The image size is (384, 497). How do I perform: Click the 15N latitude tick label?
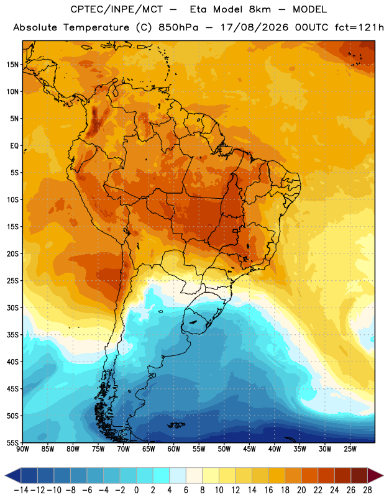pyautogui.click(x=12, y=65)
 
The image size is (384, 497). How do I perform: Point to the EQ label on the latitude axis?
pyautogui.click(x=14, y=146)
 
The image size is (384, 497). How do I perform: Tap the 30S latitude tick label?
pyautogui.click(x=12, y=308)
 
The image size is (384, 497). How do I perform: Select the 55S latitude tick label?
pyautogui.click(x=12, y=443)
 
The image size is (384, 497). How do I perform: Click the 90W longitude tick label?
pyautogui.click(x=22, y=449)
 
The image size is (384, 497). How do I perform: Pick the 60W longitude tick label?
pyautogui.click(x=174, y=449)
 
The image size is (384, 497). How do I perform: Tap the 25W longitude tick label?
pyautogui.click(x=350, y=449)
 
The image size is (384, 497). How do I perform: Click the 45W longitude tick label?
pyautogui.click(x=249, y=449)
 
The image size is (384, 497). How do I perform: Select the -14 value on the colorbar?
pyautogui.click(x=21, y=490)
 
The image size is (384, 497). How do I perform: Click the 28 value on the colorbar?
pyautogui.click(x=367, y=490)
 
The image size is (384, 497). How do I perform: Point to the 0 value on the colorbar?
pyautogui.click(x=137, y=490)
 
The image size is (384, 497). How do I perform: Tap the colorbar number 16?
pyautogui.click(x=268, y=490)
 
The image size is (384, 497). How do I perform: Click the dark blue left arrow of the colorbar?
pyautogui.click(x=13, y=476)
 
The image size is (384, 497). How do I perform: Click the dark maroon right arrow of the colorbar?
pyautogui.click(x=375, y=476)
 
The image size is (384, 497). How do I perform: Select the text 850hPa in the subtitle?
pyautogui.click(x=178, y=27)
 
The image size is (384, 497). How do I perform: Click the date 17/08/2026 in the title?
pyautogui.click(x=254, y=27)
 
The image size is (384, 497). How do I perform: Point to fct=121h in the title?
pyautogui.click(x=359, y=27)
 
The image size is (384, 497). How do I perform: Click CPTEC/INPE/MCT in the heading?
pyautogui.click(x=116, y=9)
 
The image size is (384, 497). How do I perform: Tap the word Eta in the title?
pyautogui.click(x=198, y=9)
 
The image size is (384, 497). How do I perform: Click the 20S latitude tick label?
pyautogui.click(x=12, y=254)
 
